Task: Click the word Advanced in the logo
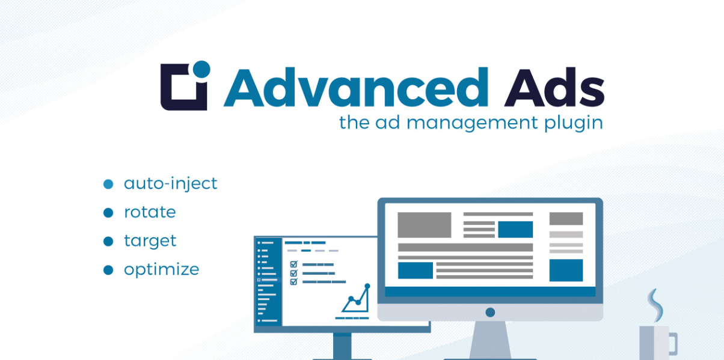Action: pyautogui.click(x=355, y=87)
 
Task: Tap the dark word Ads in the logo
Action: pyautogui.click(x=554, y=87)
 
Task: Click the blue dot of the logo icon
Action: pyautogui.click(x=201, y=70)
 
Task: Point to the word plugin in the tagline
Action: pyautogui.click(x=574, y=123)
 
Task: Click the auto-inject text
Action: pyautogui.click(x=171, y=183)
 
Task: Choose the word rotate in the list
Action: pyautogui.click(x=150, y=212)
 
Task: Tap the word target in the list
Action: pyautogui.click(x=150, y=242)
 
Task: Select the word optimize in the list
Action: pyautogui.click(x=162, y=270)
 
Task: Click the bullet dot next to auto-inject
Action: pyautogui.click(x=108, y=184)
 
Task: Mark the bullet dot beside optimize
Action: pyautogui.click(x=108, y=270)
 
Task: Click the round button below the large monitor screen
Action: pyautogui.click(x=490, y=312)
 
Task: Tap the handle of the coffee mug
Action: pyautogui.click(x=673, y=343)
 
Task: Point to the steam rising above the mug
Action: pyautogui.click(x=655, y=305)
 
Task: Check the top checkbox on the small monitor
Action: pyautogui.click(x=293, y=264)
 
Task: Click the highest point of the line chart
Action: pyautogui.click(x=367, y=286)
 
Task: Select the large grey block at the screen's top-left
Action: pyautogui.click(x=425, y=225)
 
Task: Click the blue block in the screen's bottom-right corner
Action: pyautogui.click(x=566, y=270)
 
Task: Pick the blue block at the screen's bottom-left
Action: pyautogui.click(x=416, y=270)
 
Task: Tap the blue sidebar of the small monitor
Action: pyautogui.click(x=269, y=282)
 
